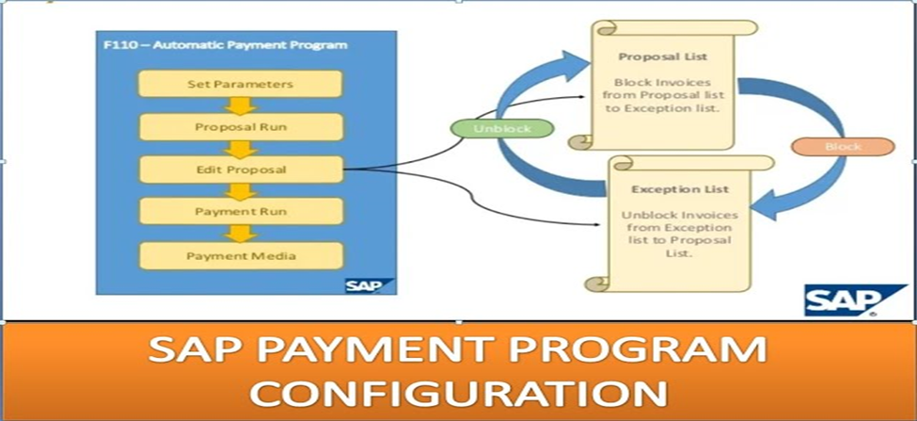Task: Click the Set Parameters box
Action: tap(240, 84)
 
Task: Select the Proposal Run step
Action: tap(241, 127)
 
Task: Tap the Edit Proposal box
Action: tap(241, 170)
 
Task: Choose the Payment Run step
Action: tap(241, 211)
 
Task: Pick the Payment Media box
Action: tap(241, 256)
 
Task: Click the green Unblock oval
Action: tap(502, 128)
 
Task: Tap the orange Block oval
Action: tap(843, 146)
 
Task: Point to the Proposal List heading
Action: tap(663, 57)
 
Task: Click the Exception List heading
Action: tap(680, 189)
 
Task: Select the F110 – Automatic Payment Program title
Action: tap(225, 45)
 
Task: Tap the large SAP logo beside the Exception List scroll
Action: tap(854, 300)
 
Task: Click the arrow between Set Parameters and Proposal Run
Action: tap(241, 106)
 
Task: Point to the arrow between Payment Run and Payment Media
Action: tap(241, 234)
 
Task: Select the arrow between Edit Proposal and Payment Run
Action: tap(241, 191)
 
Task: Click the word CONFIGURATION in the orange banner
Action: tap(458, 393)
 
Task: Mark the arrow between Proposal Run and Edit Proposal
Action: tap(241, 149)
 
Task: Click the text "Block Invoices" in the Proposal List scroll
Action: tap(662, 83)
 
